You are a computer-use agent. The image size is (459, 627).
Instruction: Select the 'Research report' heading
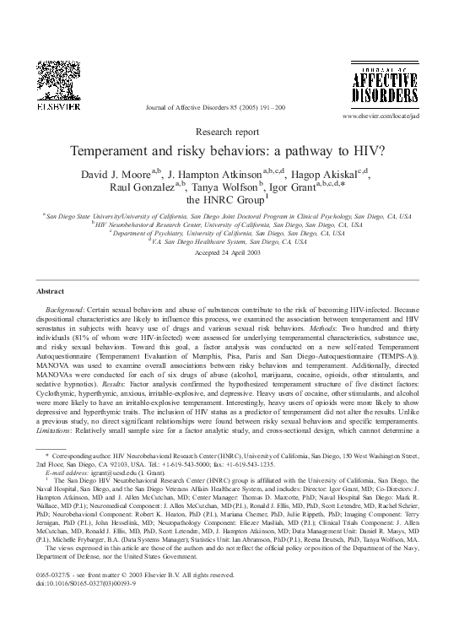(x=229, y=132)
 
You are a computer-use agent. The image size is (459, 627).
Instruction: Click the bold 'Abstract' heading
(x=51, y=290)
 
